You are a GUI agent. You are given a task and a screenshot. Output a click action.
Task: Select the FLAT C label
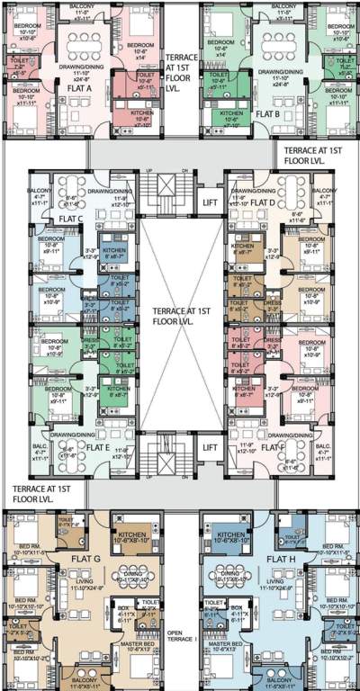(71, 219)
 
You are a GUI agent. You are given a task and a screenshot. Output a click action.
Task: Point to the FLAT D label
(262, 202)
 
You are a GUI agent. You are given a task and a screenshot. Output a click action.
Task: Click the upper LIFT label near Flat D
(210, 202)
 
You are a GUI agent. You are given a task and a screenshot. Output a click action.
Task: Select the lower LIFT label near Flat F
(210, 446)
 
